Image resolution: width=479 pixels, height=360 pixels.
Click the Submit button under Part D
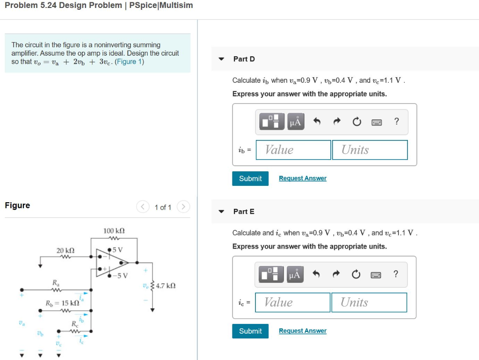pyautogui.click(x=250, y=178)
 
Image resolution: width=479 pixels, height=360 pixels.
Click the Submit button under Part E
pyautogui.click(x=250, y=331)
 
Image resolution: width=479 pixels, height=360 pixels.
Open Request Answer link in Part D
pyautogui.click(x=303, y=178)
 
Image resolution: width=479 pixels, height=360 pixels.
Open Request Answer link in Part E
pyautogui.click(x=303, y=331)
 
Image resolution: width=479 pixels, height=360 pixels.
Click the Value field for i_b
pyautogui.click(x=293, y=150)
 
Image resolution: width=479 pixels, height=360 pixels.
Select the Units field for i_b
pyautogui.click(x=370, y=150)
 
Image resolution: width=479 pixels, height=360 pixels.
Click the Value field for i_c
pyautogui.click(x=292, y=302)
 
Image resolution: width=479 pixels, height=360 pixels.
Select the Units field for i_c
pyautogui.click(x=369, y=302)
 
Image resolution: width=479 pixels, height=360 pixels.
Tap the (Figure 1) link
pyautogui.click(x=129, y=62)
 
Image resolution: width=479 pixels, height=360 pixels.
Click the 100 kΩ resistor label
pyautogui.click(x=114, y=231)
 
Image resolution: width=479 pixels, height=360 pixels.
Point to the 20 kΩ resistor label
pyautogui.click(x=65, y=250)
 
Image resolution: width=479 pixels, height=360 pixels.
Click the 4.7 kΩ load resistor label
pyautogui.click(x=166, y=286)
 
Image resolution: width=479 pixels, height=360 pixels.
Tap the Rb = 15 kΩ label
pyautogui.click(x=62, y=303)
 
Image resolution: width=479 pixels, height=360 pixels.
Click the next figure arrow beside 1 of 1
pyautogui.click(x=184, y=207)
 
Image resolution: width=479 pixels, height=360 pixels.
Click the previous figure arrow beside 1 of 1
pyautogui.click(x=143, y=207)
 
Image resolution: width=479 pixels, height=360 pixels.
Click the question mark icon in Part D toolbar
pyautogui.click(x=397, y=122)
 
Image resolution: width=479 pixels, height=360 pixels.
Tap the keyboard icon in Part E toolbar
pyautogui.click(x=376, y=274)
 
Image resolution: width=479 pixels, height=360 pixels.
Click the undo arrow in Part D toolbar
pyautogui.click(x=317, y=122)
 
